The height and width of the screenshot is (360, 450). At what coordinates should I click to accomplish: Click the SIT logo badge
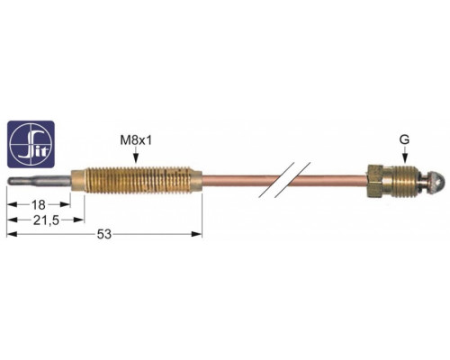tap(31, 144)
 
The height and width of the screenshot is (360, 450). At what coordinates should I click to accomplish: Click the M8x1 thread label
tap(136, 140)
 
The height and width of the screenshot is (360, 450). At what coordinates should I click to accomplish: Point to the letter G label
tap(405, 139)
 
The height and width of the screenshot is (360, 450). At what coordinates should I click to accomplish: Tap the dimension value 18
tap(39, 205)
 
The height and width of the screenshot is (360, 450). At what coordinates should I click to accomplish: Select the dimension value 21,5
tap(46, 220)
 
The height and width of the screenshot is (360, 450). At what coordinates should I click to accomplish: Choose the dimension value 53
tap(104, 234)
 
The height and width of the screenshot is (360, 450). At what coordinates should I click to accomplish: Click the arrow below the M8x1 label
tap(136, 156)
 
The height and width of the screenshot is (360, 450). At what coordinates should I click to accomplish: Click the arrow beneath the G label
tap(405, 156)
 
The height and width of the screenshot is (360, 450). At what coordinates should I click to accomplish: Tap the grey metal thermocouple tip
tap(39, 182)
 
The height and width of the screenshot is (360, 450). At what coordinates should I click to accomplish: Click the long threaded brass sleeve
tap(137, 181)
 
